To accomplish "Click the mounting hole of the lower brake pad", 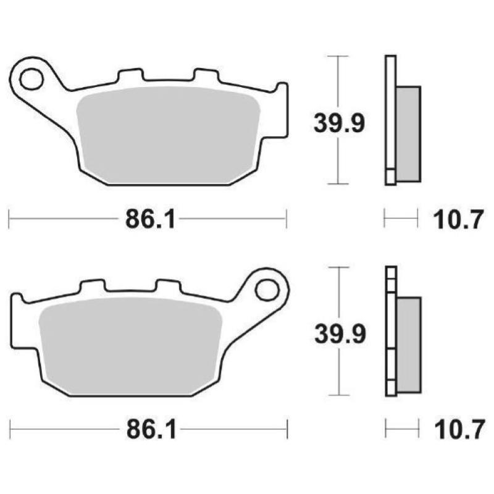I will [268, 289].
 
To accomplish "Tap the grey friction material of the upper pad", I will [167, 133].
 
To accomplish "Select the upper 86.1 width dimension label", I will [146, 219].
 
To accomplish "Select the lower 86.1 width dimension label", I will [147, 429].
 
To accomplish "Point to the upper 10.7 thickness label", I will [458, 219].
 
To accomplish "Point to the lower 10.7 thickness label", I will [458, 429].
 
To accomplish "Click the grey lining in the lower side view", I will [408, 344].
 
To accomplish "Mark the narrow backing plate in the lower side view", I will [390, 330].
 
